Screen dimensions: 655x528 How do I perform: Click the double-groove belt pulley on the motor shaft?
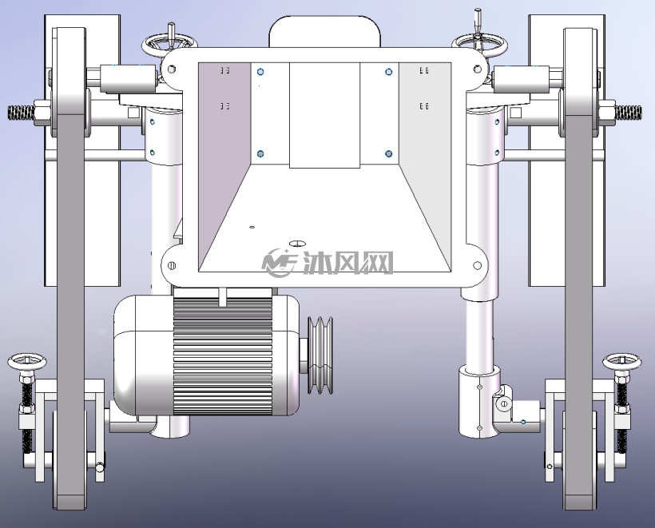coord(320,355)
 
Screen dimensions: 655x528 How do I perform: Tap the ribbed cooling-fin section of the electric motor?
coord(223,356)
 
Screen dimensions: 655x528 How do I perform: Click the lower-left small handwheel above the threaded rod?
coord(27,361)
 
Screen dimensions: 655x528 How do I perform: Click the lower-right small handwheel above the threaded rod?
coord(621,361)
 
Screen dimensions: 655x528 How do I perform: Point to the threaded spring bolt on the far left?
coord(22,113)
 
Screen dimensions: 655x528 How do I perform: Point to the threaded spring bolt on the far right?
coord(628,113)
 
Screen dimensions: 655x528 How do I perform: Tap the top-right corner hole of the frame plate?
coord(477,69)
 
